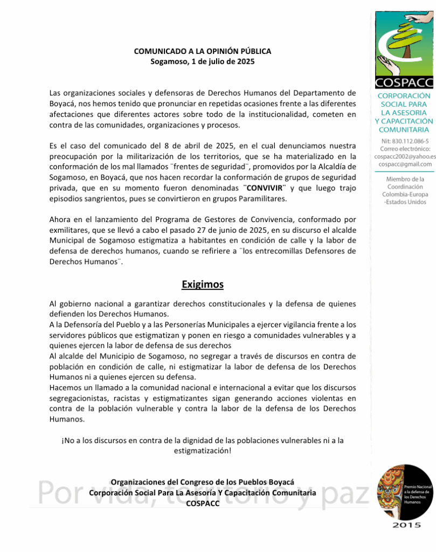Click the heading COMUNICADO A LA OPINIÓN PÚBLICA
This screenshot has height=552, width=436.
coord(202,51)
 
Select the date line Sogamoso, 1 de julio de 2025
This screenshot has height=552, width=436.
coord(202,61)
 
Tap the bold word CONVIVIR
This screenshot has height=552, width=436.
coord(264,188)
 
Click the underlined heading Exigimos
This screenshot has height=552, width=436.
coord(202,284)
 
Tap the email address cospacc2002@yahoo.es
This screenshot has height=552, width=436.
coord(405,156)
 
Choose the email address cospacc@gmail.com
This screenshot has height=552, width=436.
coord(405,164)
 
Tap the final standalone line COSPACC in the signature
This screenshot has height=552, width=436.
coord(202,503)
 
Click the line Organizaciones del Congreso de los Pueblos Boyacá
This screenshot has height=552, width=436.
coord(202,482)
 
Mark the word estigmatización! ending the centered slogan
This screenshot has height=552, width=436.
coord(202,451)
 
